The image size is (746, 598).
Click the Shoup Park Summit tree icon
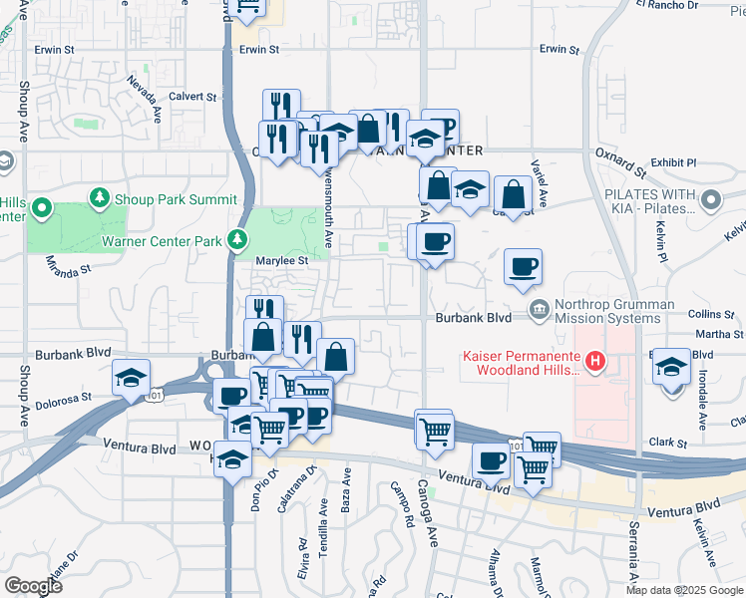pyautogui.click(x=100, y=198)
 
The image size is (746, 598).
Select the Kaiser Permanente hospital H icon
pyautogui.click(x=595, y=361)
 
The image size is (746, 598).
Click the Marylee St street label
pyautogui.click(x=263, y=261)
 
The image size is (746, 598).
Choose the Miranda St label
pyautogui.click(x=68, y=265)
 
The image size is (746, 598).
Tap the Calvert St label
pyautogui.click(x=192, y=97)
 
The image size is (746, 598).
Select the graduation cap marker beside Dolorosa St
pyautogui.click(x=131, y=378)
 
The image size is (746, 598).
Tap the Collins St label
pyautogui.click(x=711, y=314)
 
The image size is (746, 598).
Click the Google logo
pyautogui.click(x=33, y=585)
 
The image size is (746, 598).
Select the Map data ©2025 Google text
pyautogui.click(x=685, y=590)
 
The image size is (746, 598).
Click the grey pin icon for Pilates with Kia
pyautogui.click(x=711, y=202)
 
